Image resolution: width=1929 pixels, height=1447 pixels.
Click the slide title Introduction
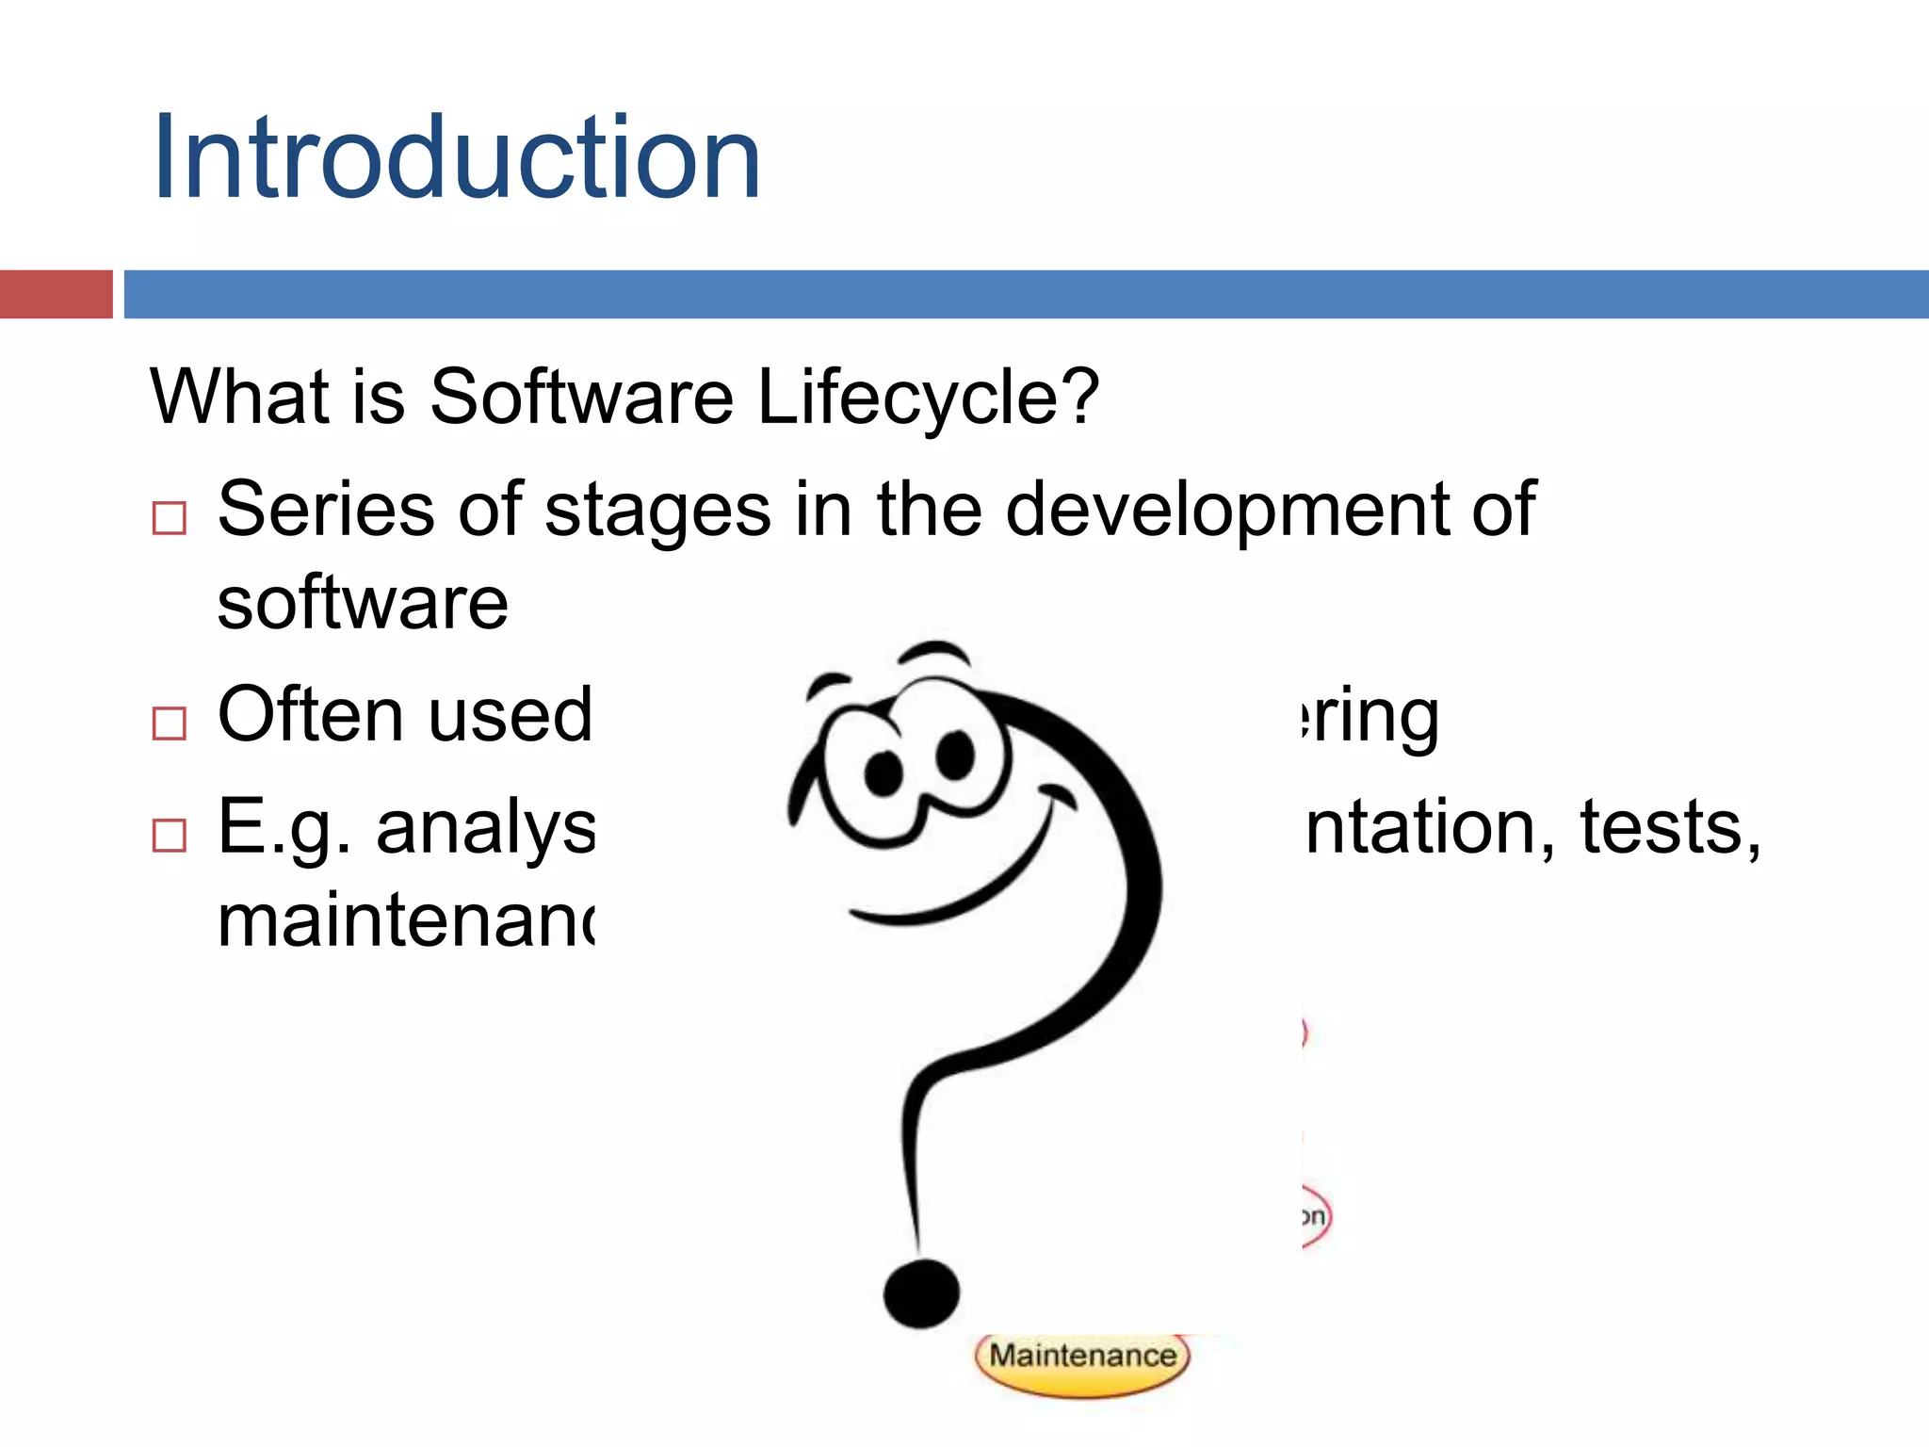click(x=456, y=157)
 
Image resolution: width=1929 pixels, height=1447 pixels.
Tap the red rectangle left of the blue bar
click(x=56, y=294)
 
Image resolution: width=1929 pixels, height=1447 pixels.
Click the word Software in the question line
click(x=581, y=397)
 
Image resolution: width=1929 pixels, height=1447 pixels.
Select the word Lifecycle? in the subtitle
click(x=928, y=397)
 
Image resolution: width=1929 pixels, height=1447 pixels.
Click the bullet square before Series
click(x=170, y=518)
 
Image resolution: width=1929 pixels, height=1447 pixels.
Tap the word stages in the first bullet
click(x=657, y=510)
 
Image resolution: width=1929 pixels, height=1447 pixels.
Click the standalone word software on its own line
click(x=363, y=603)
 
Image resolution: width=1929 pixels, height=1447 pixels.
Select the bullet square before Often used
click(x=170, y=723)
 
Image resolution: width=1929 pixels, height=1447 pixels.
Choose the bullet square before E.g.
click(x=170, y=835)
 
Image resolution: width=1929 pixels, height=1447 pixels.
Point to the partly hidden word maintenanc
click(x=406, y=920)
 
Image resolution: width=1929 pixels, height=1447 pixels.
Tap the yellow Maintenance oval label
click(x=1082, y=1357)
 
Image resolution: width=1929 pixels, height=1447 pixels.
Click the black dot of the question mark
click(x=921, y=1293)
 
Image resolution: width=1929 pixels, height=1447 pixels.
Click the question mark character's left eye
click(x=883, y=772)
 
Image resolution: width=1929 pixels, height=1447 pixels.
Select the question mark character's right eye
click(x=956, y=755)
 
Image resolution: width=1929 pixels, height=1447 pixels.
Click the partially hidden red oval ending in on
click(x=1315, y=1217)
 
